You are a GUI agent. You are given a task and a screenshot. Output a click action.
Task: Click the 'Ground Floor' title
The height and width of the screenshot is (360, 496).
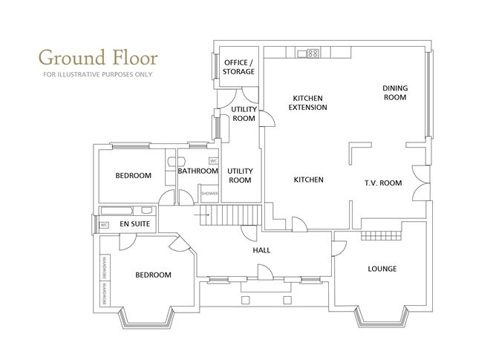97,56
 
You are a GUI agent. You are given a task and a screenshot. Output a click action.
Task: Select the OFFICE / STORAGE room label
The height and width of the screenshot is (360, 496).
239,66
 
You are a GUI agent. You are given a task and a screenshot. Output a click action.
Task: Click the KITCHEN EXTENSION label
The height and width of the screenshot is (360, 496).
310,102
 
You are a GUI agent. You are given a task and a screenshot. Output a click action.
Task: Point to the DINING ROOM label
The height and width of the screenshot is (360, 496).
395,93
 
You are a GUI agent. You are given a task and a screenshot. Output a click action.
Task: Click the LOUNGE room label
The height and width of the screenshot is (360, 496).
382,269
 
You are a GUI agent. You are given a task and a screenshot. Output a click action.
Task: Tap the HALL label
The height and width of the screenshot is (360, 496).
261,250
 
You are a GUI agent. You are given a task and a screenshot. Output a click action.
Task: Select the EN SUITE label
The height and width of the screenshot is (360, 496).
135,223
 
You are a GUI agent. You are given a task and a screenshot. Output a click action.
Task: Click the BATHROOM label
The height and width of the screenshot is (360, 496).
198,171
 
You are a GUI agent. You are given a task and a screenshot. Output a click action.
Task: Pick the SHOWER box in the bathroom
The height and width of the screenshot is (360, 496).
210,194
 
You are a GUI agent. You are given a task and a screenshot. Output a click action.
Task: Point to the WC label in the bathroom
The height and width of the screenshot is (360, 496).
213,160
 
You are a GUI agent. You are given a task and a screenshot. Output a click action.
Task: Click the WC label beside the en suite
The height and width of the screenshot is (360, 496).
104,223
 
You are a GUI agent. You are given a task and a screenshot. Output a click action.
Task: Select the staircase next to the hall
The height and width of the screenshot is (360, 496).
237,216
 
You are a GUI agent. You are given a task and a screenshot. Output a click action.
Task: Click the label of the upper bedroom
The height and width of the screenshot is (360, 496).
133,176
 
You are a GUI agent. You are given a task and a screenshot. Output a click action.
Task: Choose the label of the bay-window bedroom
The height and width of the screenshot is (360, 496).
153,275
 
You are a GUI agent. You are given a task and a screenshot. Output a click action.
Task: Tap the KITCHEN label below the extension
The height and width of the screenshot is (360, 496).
308,180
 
